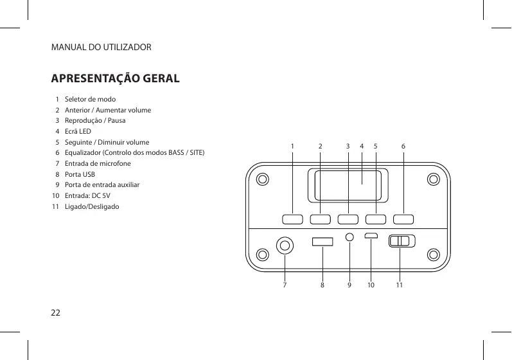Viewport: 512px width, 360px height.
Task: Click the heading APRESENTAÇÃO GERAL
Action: click(116, 80)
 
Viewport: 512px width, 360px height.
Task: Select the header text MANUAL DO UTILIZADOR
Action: click(102, 48)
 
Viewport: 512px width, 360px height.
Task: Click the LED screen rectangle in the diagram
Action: click(347, 184)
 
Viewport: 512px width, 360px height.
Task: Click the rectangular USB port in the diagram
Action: click(322, 242)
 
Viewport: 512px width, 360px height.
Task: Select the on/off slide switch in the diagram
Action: click(402, 241)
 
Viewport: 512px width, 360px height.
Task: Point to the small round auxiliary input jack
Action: click(349, 237)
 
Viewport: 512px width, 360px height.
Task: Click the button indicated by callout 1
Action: click(292, 219)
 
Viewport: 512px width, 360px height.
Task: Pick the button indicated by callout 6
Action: click(403, 219)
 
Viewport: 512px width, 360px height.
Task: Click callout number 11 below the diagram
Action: click(399, 283)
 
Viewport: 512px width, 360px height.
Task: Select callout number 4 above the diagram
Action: click(362, 147)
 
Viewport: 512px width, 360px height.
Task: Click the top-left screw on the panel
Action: click(261, 179)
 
